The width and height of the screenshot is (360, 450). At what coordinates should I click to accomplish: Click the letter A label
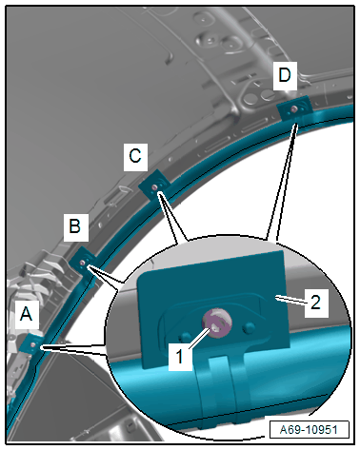tap(27, 314)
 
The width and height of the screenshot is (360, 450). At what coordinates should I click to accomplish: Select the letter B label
tap(75, 226)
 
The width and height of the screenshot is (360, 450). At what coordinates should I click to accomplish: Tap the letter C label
tap(135, 157)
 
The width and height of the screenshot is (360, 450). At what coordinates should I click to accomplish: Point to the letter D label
tap(285, 76)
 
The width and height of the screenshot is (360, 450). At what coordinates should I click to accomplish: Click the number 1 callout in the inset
tap(180, 357)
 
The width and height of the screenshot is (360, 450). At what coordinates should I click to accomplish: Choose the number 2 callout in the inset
tap(315, 303)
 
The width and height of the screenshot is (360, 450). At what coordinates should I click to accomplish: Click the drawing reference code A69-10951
tap(309, 430)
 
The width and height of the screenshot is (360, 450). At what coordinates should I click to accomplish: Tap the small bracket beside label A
tap(31, 344)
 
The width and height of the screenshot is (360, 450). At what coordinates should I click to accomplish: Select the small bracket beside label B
tap(83, 263)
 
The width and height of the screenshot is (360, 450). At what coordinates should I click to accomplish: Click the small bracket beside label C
tap(155, 186)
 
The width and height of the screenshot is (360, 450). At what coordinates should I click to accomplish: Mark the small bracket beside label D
tap(294, 108)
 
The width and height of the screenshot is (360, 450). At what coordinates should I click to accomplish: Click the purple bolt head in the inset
tap(217, 323)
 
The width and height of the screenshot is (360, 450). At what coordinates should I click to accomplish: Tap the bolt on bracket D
tap(294, 109)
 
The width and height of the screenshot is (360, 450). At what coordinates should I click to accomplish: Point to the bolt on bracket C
tap(154, 187)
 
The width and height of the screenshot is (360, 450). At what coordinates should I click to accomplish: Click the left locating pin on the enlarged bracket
tap(185, 336)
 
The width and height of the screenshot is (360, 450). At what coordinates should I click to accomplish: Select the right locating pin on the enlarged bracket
tap(249, 328)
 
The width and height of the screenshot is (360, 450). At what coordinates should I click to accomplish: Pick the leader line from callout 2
tap(290, 300)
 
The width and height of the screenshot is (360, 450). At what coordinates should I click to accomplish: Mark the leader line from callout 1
tap(199, 339)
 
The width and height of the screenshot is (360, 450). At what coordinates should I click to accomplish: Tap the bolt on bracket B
tap(83, 263)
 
